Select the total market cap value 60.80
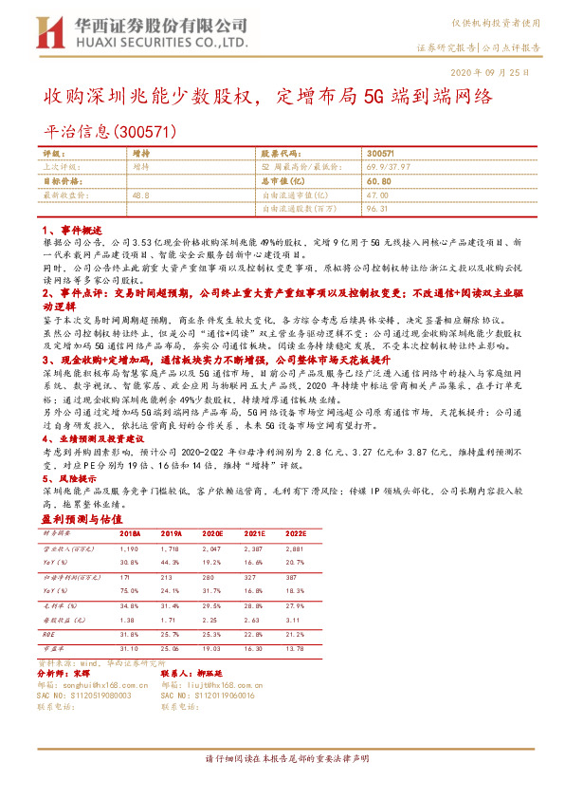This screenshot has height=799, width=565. click(379, 179)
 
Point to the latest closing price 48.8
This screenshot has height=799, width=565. click(140, 194)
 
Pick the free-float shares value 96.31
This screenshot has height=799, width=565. click(378, 207)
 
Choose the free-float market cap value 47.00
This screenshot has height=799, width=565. click(378, 194)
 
